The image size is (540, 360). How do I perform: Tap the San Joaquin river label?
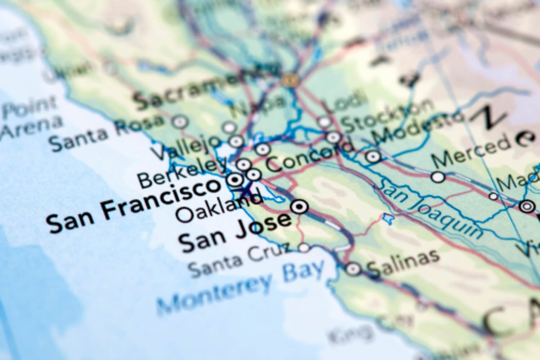coord(428,209)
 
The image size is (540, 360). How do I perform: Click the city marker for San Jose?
coord(300,207)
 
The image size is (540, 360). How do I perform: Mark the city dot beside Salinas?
coord(353,269)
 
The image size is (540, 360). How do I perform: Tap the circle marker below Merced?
coord(438,177)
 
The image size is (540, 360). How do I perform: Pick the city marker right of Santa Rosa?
coord(180,122)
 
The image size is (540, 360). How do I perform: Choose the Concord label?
coord(310,157)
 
